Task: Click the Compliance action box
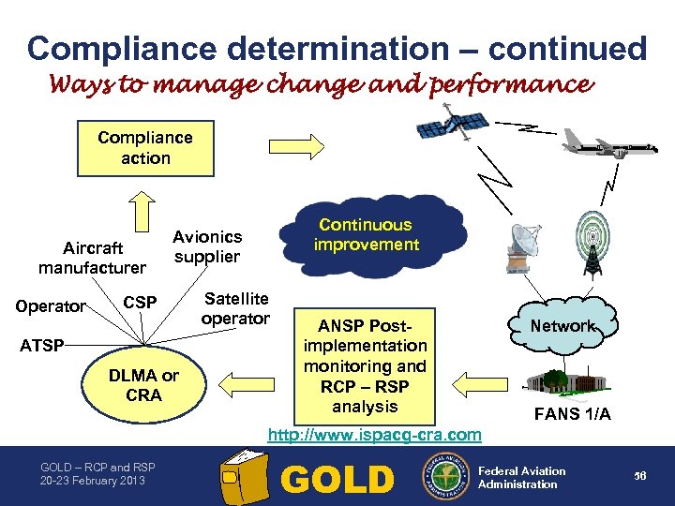(x=145, y=148)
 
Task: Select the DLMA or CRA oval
(x=143, y=385)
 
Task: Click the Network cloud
(x=562, y=326)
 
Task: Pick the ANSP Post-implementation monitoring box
(x=365, y=365)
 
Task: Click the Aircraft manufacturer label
(x=92, y=258)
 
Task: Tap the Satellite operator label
(x=235, y=308)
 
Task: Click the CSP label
(x=141, y=303)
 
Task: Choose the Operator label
(x=52, y=306)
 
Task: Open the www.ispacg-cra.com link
(x=375, y=435)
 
